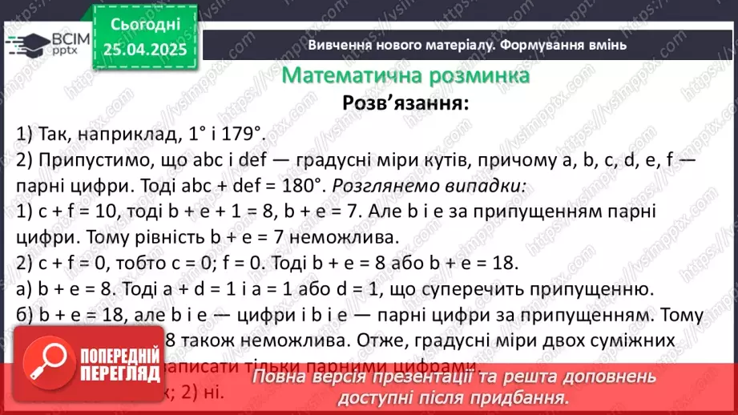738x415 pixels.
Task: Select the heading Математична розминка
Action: click(x=406, y=76)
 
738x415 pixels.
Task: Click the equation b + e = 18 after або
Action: click(x=477, y=264)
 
